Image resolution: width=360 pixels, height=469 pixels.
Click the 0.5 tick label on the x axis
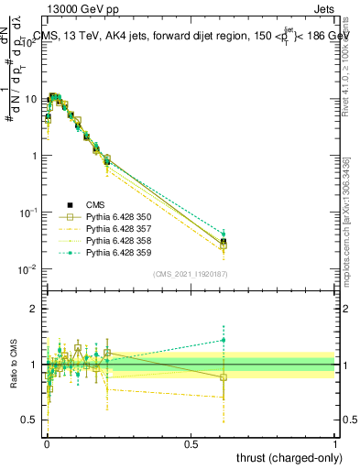click(191, 442)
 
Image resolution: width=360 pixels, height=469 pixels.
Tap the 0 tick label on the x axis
click(47, 442)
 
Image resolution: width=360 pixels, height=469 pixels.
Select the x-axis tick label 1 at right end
click(336, 442)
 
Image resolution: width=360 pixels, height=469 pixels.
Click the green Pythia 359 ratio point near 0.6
click(224, 340)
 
